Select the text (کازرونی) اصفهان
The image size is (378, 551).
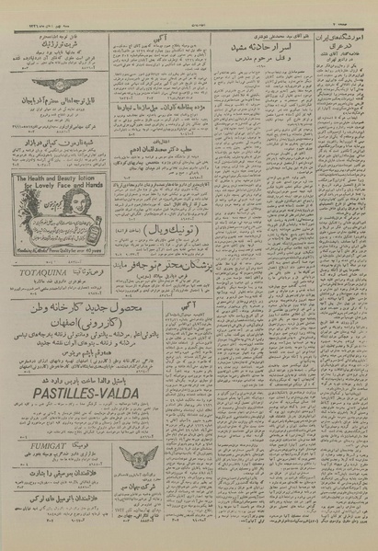click(101, 349)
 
